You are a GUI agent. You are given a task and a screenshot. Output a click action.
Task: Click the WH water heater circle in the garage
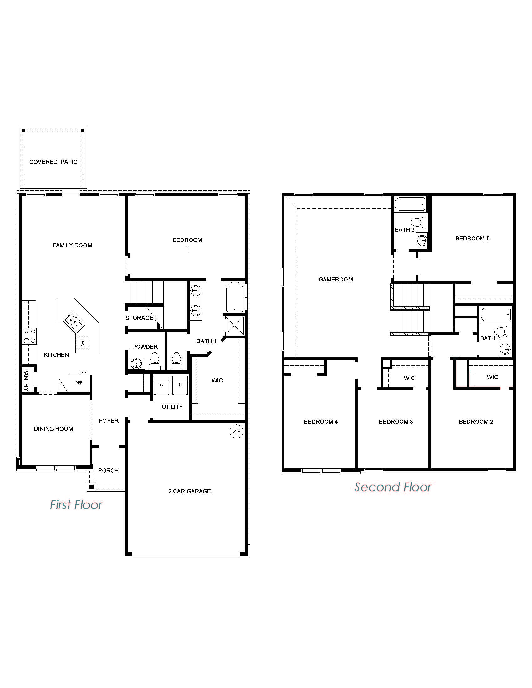pos(236,431)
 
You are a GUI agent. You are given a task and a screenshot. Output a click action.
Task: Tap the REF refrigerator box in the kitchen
pos(79,383)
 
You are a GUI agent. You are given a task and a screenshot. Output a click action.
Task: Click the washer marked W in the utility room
pos(161,385)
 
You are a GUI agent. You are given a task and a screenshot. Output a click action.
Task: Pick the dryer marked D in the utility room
pos(180,385)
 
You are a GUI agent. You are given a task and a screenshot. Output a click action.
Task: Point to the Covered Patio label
pos(53,162)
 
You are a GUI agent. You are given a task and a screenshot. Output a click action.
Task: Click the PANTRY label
pos(26,380)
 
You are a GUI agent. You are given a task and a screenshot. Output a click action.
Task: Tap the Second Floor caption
pos(393,487)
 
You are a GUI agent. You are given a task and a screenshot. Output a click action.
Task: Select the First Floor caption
pos(76,505)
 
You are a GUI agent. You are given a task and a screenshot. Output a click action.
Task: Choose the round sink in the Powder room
pos(136,363)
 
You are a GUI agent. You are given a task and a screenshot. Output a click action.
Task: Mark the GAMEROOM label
pos(336,279)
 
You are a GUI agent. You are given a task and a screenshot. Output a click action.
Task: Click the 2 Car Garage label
pos(189,491)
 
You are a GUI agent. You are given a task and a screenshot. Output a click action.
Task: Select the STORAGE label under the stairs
pos(139,318)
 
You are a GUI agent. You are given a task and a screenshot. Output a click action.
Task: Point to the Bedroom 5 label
pos(473,239)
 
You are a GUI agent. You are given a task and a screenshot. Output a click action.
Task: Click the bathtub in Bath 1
pos(234,296)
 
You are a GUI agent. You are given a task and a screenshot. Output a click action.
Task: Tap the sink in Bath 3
pos(422,241)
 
